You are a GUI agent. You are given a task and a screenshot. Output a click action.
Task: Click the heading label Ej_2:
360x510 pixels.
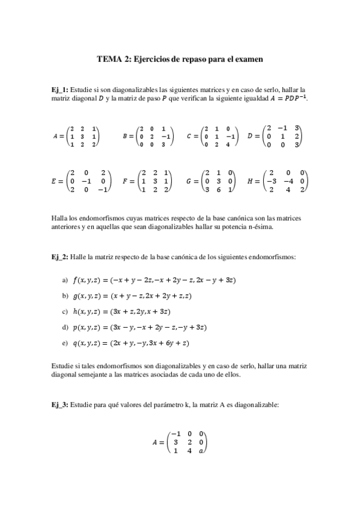click(60, 257)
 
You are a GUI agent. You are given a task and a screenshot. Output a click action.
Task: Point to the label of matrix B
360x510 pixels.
click(124, 137)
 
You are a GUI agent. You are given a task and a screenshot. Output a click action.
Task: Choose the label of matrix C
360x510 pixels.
click(189, 137)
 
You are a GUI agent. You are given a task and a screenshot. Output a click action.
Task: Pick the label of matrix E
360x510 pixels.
click(55, 180)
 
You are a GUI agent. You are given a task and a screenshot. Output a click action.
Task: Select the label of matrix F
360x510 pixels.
click(124, 180)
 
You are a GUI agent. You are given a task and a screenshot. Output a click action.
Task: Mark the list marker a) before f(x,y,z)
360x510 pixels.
click(66, 280)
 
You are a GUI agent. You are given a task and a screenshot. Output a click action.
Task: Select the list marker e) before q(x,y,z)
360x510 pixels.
click(66, 343)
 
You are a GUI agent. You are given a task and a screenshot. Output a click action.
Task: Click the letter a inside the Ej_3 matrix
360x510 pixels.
click(201, 450)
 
